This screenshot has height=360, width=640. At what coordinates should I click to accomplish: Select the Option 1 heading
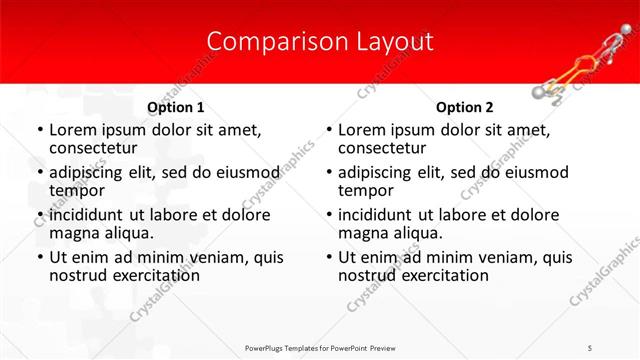click(176, 107)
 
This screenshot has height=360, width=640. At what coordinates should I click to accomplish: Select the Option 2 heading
click(465, 107)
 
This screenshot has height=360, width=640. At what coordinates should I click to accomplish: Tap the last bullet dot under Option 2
click(328, 257)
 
